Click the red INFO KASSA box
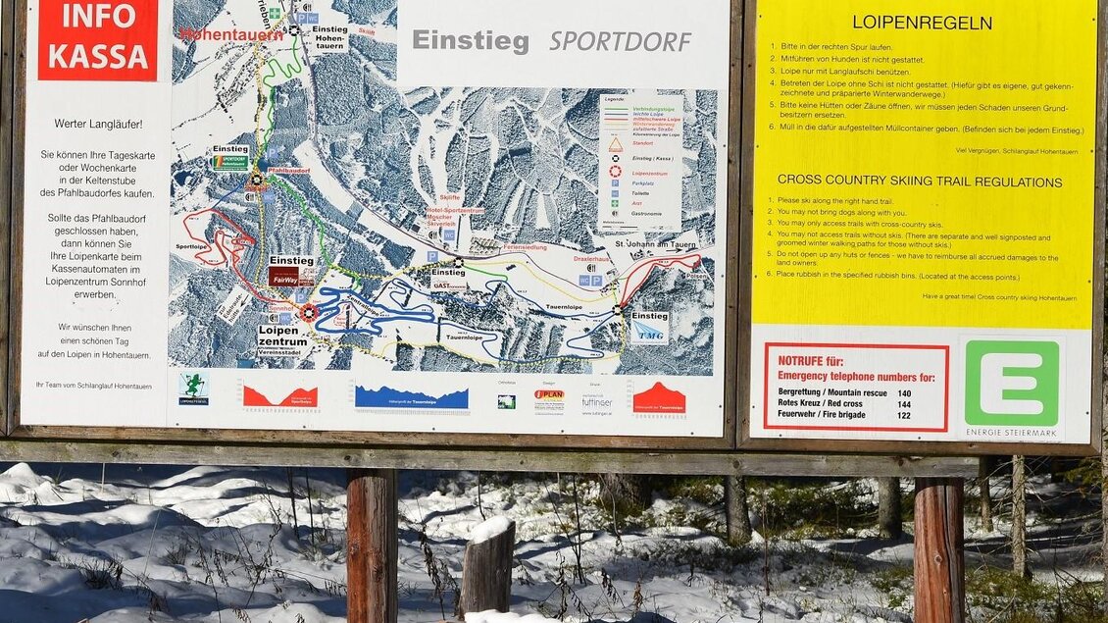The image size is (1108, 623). pos(97,39)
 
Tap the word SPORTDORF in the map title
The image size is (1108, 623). pos(620,41)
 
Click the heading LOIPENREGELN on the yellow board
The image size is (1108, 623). pos(922,22)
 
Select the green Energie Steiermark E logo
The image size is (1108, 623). pos(1011,384)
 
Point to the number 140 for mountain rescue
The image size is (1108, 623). pos(904,392)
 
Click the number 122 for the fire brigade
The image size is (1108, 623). pos(904,415)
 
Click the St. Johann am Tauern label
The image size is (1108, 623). pos(654,244)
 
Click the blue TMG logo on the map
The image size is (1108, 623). pos(649,334)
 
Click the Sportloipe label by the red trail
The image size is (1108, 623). pos(191,247)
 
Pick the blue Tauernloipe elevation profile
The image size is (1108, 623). pos(411,396)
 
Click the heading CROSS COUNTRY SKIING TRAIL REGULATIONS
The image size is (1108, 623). pos(919,182)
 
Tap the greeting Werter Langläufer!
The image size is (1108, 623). pos(97,125)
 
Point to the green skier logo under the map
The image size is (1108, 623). pos(193,386)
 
